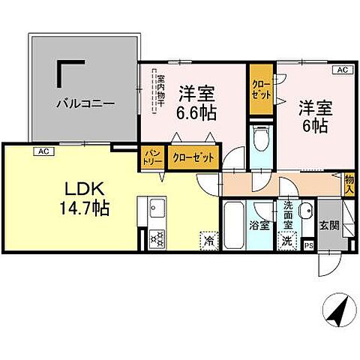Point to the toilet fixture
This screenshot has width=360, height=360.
tap(260, 142)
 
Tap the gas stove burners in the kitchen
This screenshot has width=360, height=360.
tap(157, 238)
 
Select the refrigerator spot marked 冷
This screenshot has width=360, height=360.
tap(206, 241)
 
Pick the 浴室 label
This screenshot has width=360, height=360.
tap(259, 225)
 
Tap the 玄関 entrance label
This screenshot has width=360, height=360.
tap(330, 224)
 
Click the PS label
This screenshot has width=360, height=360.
tap(309, 244)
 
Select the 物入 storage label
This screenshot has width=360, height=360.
tap(349, 184)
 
